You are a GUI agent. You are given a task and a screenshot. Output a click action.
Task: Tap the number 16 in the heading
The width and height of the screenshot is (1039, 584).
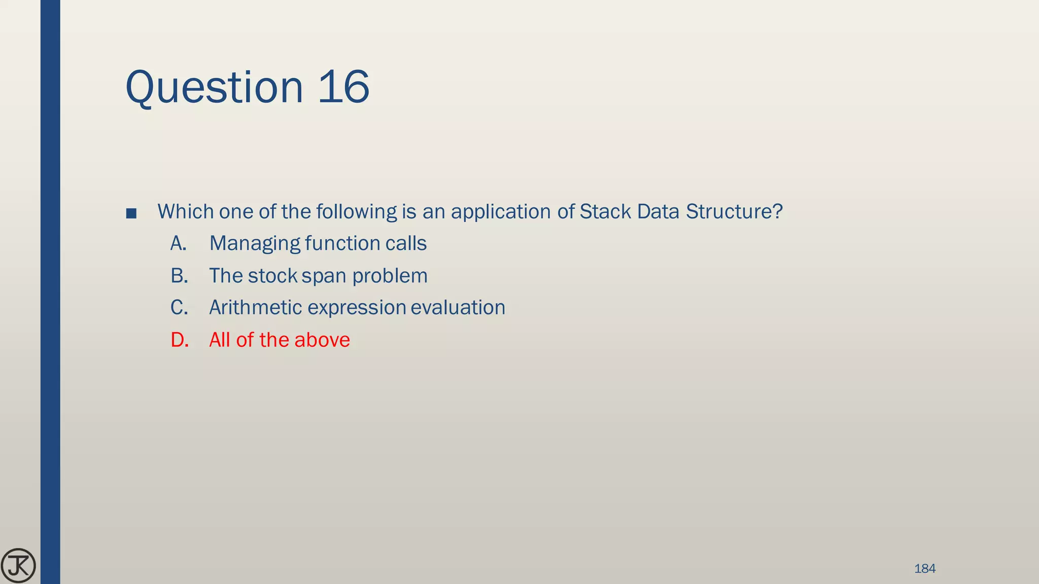(x=343, y=87)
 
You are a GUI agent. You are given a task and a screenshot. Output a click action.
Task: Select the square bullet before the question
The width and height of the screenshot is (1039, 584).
(x=131, y=213)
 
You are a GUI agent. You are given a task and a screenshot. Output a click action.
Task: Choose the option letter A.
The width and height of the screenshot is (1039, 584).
(x=178, y=243)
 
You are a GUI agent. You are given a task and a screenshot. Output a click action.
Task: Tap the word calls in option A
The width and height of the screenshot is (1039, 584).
(x=406, y=243)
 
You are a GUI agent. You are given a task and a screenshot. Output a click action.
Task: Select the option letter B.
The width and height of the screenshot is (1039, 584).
(x=179, y=276)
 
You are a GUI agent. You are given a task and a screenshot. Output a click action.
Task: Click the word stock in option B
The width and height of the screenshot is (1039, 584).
(x=272, y=276)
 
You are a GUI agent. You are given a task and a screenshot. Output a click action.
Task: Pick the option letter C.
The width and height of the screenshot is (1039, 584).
(x=179, y=308)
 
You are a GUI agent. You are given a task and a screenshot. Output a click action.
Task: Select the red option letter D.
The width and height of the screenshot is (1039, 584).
(x=180, y=340)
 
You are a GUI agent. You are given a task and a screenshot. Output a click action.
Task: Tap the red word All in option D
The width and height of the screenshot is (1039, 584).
(x=220, y=340)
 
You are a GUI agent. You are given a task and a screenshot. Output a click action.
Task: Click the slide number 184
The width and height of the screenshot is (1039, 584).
(x=924, y=568)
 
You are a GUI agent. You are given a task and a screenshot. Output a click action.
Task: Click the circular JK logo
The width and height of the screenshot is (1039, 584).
(x=18, y=566)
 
